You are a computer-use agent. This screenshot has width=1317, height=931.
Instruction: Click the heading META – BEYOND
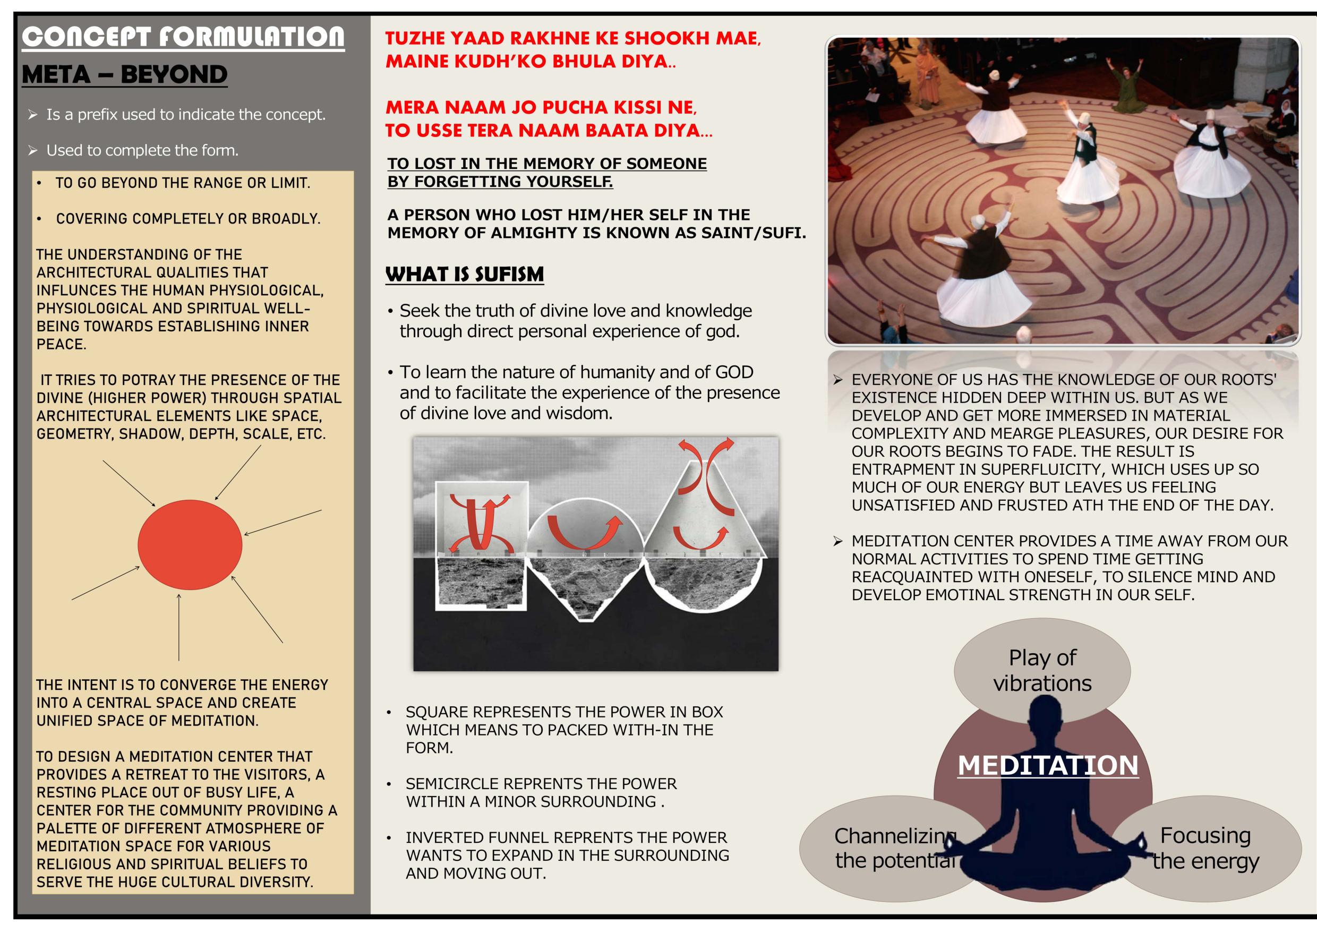point(124,74)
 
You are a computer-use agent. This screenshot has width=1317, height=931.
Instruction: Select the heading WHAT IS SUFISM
point(465,274)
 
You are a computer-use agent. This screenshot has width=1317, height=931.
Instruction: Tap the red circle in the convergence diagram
point(190,544)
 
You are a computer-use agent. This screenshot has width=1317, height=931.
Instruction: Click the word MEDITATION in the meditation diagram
point(1048,765)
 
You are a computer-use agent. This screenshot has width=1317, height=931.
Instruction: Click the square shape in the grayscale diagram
point(481,545)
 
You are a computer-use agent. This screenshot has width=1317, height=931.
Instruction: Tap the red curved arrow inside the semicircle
point(585,532)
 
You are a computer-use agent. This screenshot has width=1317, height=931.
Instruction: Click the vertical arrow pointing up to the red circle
point(179,627)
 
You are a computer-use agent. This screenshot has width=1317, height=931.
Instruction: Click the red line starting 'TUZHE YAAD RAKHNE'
point(573,38)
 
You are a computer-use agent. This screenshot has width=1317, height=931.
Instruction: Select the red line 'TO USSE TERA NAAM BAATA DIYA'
point(549,130)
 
